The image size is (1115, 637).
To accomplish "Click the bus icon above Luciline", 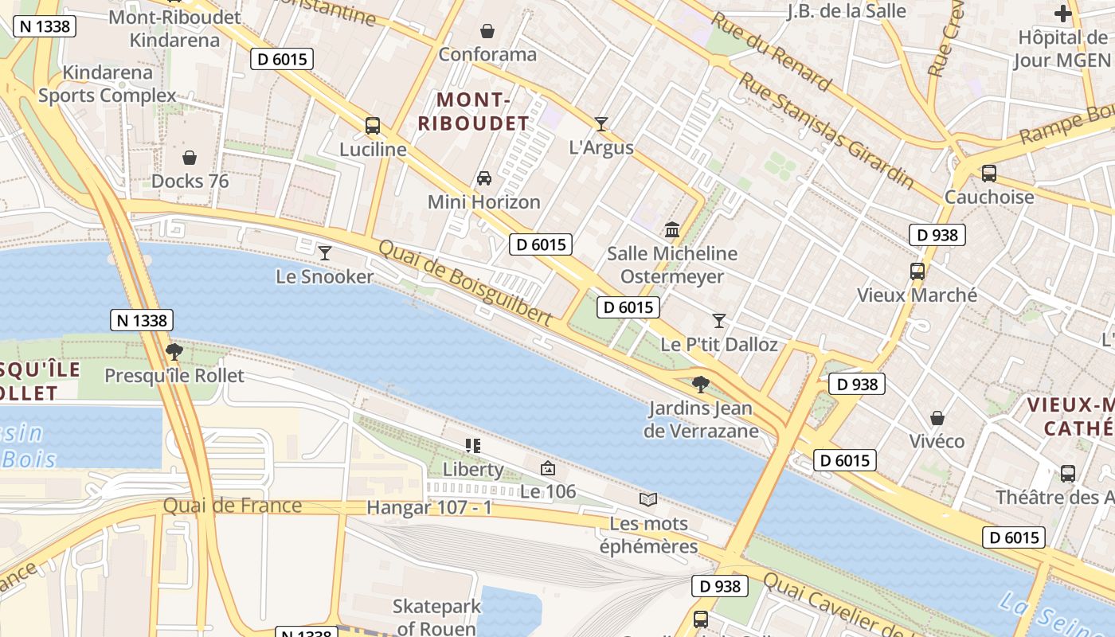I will click(x=372, y=125).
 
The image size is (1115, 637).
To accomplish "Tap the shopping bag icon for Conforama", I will click(x=487, y=31).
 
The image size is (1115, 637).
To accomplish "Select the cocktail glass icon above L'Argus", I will click(x=601, y=123).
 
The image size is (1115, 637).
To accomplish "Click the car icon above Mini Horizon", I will click(x=483, y=178).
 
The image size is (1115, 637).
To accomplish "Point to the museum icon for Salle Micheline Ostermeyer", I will click(x=672, y=230).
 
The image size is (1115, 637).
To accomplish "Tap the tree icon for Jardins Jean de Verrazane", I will click(x=701, y=385).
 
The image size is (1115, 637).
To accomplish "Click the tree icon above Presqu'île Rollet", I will click(x=174, y=351).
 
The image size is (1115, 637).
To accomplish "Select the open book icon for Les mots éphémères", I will click(x=648, y=499).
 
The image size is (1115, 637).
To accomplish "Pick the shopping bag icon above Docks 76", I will click(x=190, y=158).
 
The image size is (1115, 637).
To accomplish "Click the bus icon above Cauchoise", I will click(x=989, y=173).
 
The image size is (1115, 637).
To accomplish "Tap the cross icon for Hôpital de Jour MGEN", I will click(x=1062, y=14).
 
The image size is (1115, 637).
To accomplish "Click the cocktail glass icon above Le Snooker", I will click(x=324, y=253).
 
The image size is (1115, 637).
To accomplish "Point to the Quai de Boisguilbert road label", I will click(x=464, y=283).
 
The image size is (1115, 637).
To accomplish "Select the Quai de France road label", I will click(x=233, y=506).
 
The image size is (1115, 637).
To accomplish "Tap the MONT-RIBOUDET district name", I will click(x=473, y=111).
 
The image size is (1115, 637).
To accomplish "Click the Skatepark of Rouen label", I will click(x=437, y=617).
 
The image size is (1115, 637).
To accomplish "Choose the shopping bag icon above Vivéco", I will click(x=937, y=418).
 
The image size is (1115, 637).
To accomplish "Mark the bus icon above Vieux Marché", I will click(x=917, y=272).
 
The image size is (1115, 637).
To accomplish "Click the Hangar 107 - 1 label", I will click(x=429, y=507).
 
